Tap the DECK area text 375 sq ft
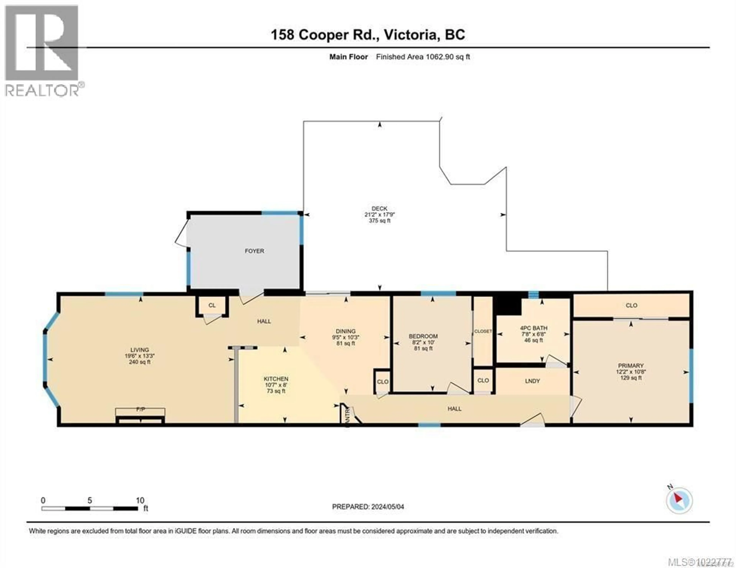click(x=379, y=221)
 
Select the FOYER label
click(x=254, y=251)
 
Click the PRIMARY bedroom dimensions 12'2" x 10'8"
click(x=631, y=372)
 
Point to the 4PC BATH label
click(x=533, y=328)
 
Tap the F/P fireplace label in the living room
click(x=140, y=409)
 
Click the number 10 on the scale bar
click(x=140, y=500)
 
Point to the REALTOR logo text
click(x=42, y=90)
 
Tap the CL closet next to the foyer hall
click(x=212, y=305)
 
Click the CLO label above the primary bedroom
click(x=631, y=305)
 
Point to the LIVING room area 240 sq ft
click(x=140, y=362)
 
